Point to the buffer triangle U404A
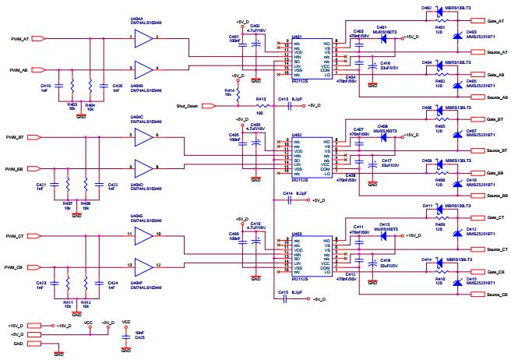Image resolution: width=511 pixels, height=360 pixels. [x=143, y=37]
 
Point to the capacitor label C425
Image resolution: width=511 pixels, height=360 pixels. [x=139, y=337]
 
